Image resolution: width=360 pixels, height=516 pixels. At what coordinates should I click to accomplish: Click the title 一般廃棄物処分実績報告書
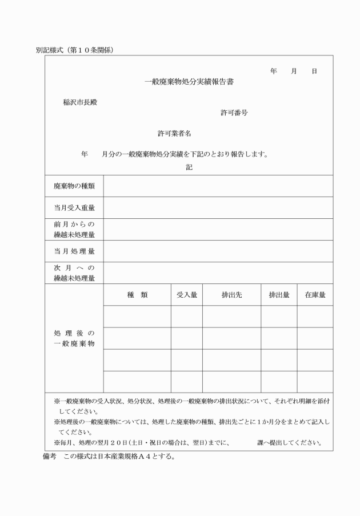point(189,82)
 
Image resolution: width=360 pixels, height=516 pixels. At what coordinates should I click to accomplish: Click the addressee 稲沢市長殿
point(79,102)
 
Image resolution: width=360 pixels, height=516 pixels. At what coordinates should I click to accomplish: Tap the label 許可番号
point(234,113)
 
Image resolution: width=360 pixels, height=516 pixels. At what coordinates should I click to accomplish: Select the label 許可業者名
point(174,133)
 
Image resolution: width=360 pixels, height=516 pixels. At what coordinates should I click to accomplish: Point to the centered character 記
point(189,167)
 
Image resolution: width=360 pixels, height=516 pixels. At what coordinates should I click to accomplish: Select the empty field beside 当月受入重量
point(218,207)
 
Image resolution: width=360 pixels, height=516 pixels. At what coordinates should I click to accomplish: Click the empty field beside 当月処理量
point(218,251)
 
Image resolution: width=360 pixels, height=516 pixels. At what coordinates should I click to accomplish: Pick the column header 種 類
point(137,295)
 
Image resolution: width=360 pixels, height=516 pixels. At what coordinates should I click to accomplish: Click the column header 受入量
point(186,295)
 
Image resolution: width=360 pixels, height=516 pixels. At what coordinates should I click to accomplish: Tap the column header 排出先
point(231,295)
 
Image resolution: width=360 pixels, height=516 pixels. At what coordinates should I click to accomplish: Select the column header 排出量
point(279,295)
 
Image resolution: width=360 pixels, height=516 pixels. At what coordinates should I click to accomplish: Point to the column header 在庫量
point(315,295)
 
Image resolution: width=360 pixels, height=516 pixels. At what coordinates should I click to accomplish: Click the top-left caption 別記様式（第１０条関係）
point(74,50)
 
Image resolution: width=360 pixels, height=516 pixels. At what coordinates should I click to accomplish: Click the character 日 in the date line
point(314,71)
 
